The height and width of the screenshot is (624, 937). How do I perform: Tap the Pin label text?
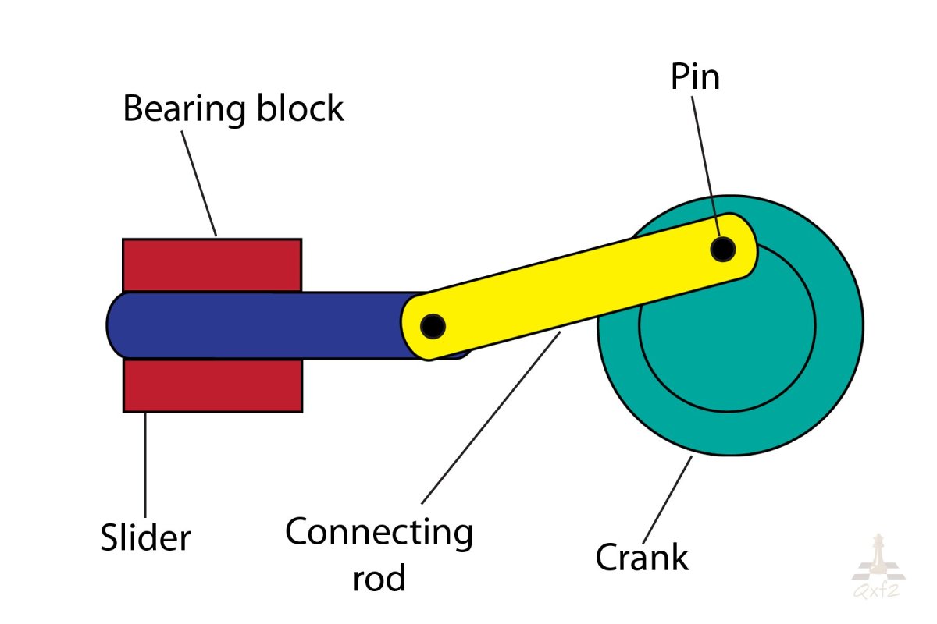694,78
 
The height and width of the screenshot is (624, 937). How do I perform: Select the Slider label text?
145,537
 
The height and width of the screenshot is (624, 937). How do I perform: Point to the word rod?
379,579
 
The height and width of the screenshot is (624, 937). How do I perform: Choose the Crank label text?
642,557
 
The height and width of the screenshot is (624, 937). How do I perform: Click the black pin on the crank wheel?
723,249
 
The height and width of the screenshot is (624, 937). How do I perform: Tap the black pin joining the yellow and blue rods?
432,324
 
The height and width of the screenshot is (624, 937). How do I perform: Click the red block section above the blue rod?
212,265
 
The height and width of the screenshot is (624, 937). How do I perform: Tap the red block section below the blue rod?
212,385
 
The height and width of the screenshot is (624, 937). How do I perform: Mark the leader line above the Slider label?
145,460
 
